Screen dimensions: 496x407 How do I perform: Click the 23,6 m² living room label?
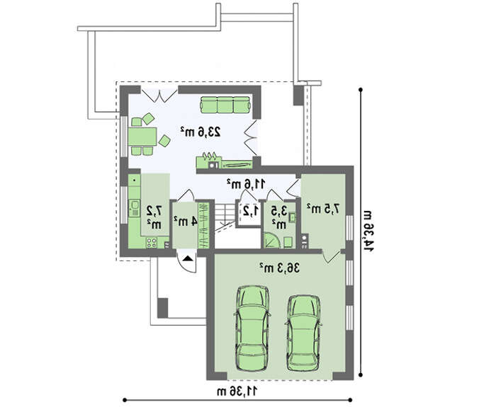(201, 132)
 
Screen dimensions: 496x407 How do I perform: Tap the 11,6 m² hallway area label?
(246, 183)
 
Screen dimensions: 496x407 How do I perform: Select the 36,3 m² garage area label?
(279, 268)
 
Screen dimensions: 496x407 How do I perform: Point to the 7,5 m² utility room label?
(323, 209)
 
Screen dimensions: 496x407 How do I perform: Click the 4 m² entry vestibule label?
(186, 221)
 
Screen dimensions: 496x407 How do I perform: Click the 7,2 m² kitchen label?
(154, 217)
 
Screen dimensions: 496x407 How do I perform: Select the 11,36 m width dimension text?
(237, 391)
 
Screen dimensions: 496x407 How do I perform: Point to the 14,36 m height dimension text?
(368, 230)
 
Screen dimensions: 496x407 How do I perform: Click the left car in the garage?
(252, 328)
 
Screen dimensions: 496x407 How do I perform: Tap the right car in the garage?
(303, 333)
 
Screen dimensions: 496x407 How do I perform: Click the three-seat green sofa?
(225, 105)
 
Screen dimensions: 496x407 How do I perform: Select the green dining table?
(142, 136)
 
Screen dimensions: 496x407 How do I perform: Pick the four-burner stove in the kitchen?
(152, 243)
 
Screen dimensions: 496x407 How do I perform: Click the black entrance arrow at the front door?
(187, 258)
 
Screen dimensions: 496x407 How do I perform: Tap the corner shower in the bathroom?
(271, 240)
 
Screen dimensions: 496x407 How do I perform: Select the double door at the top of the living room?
(159, 96)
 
